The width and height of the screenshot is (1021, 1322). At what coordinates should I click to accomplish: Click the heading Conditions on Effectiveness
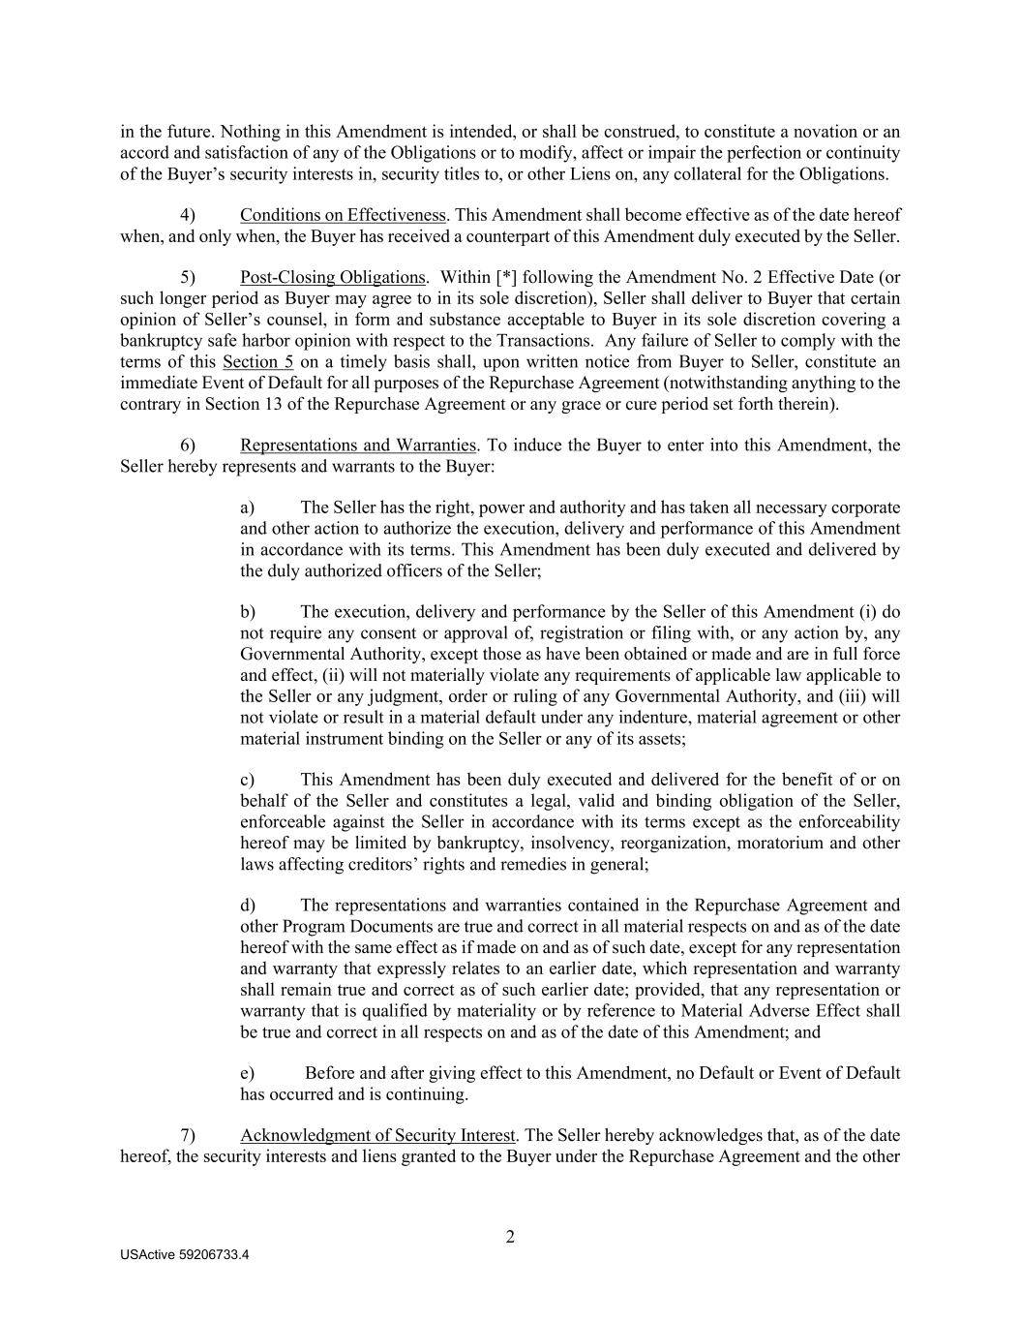(343, 215)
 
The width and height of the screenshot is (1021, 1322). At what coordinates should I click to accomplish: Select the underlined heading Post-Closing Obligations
(332, 278)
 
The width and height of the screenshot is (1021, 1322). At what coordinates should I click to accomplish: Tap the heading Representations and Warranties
(358, 446)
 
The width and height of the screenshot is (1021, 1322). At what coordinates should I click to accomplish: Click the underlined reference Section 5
(257, 362)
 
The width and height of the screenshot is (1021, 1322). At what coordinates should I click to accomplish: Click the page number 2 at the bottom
(510, 1237)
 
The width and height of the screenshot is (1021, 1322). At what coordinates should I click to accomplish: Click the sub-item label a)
(248, 507)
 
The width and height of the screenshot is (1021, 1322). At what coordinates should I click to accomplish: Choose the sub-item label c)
(248, 780)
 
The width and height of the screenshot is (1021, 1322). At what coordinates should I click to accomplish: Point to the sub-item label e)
(248, 1073)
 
